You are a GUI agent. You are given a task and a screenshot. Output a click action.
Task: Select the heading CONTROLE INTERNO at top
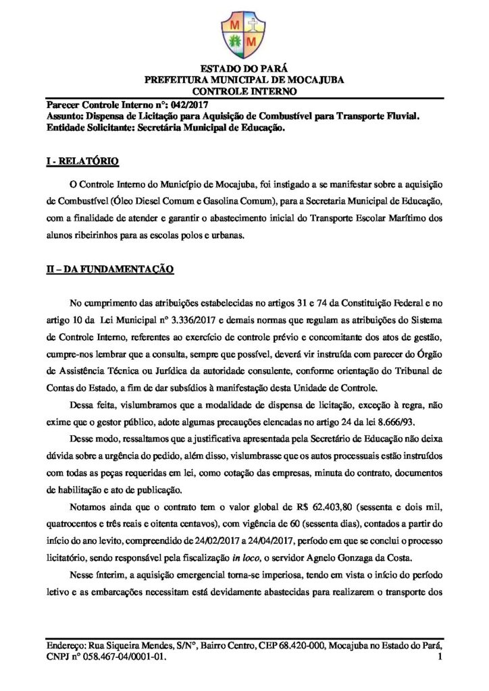coord(244,90)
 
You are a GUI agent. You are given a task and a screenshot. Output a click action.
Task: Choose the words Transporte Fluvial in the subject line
coord(372,116)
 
